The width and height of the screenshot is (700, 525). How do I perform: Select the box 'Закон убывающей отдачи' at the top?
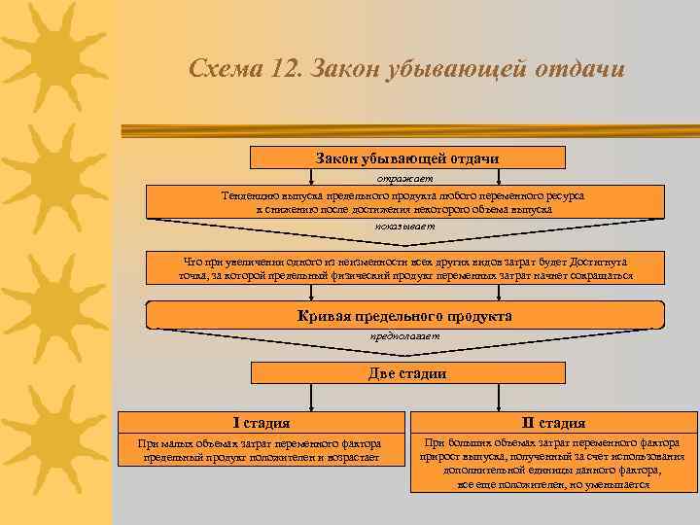click(x=407, y=157)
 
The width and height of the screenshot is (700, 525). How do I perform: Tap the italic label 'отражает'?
click(x=405, y=178)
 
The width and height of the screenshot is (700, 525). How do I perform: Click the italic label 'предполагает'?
click(x=404, y=335)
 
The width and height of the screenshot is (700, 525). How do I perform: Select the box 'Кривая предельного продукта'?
click(x=404, y=316)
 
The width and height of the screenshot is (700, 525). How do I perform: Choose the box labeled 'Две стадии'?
click(x=407, y=373)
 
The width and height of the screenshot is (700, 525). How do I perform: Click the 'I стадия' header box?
click(x=262, y=423)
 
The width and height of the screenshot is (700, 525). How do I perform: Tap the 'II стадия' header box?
click(x=553, y=423)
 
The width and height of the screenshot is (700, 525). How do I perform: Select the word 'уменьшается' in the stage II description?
click(x=616, y=483)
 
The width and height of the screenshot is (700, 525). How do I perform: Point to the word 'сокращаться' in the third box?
click(x=599, y=276)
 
